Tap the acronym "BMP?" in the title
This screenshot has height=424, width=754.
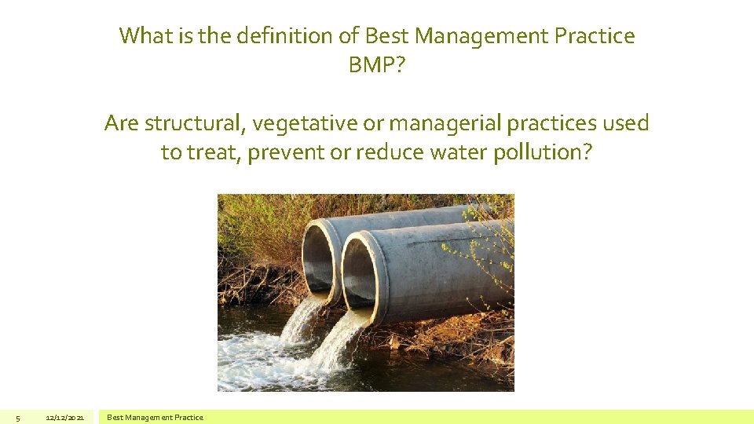tap(377, 64)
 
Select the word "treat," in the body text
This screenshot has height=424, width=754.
tap(214, 152)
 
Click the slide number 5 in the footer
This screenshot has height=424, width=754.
tap(18, 418)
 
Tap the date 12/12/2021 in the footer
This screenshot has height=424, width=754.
tap(65, 418)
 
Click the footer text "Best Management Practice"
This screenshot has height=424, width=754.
tap(155, 418)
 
